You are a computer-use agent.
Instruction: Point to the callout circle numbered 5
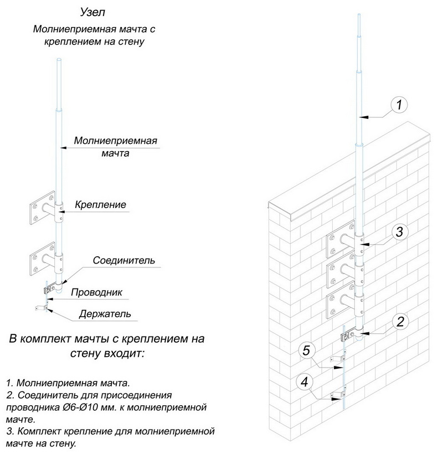click(x=308, y=349)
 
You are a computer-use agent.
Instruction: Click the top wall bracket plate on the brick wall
click(x=339, y=240)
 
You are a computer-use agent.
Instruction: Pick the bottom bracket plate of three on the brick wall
click(x=339, y=302)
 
